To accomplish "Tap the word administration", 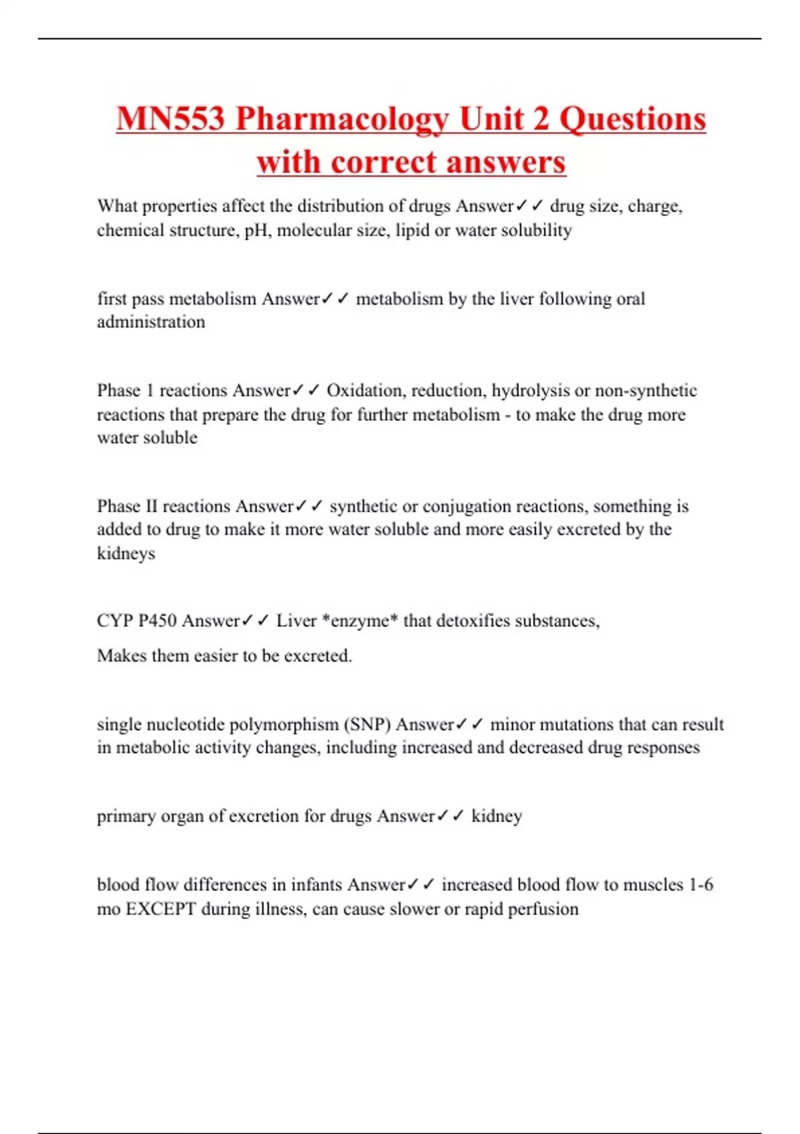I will [151, 322].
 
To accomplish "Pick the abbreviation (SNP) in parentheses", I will [367, 724].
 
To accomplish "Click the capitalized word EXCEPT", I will [161, 909].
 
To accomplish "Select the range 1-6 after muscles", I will [701, 885].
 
